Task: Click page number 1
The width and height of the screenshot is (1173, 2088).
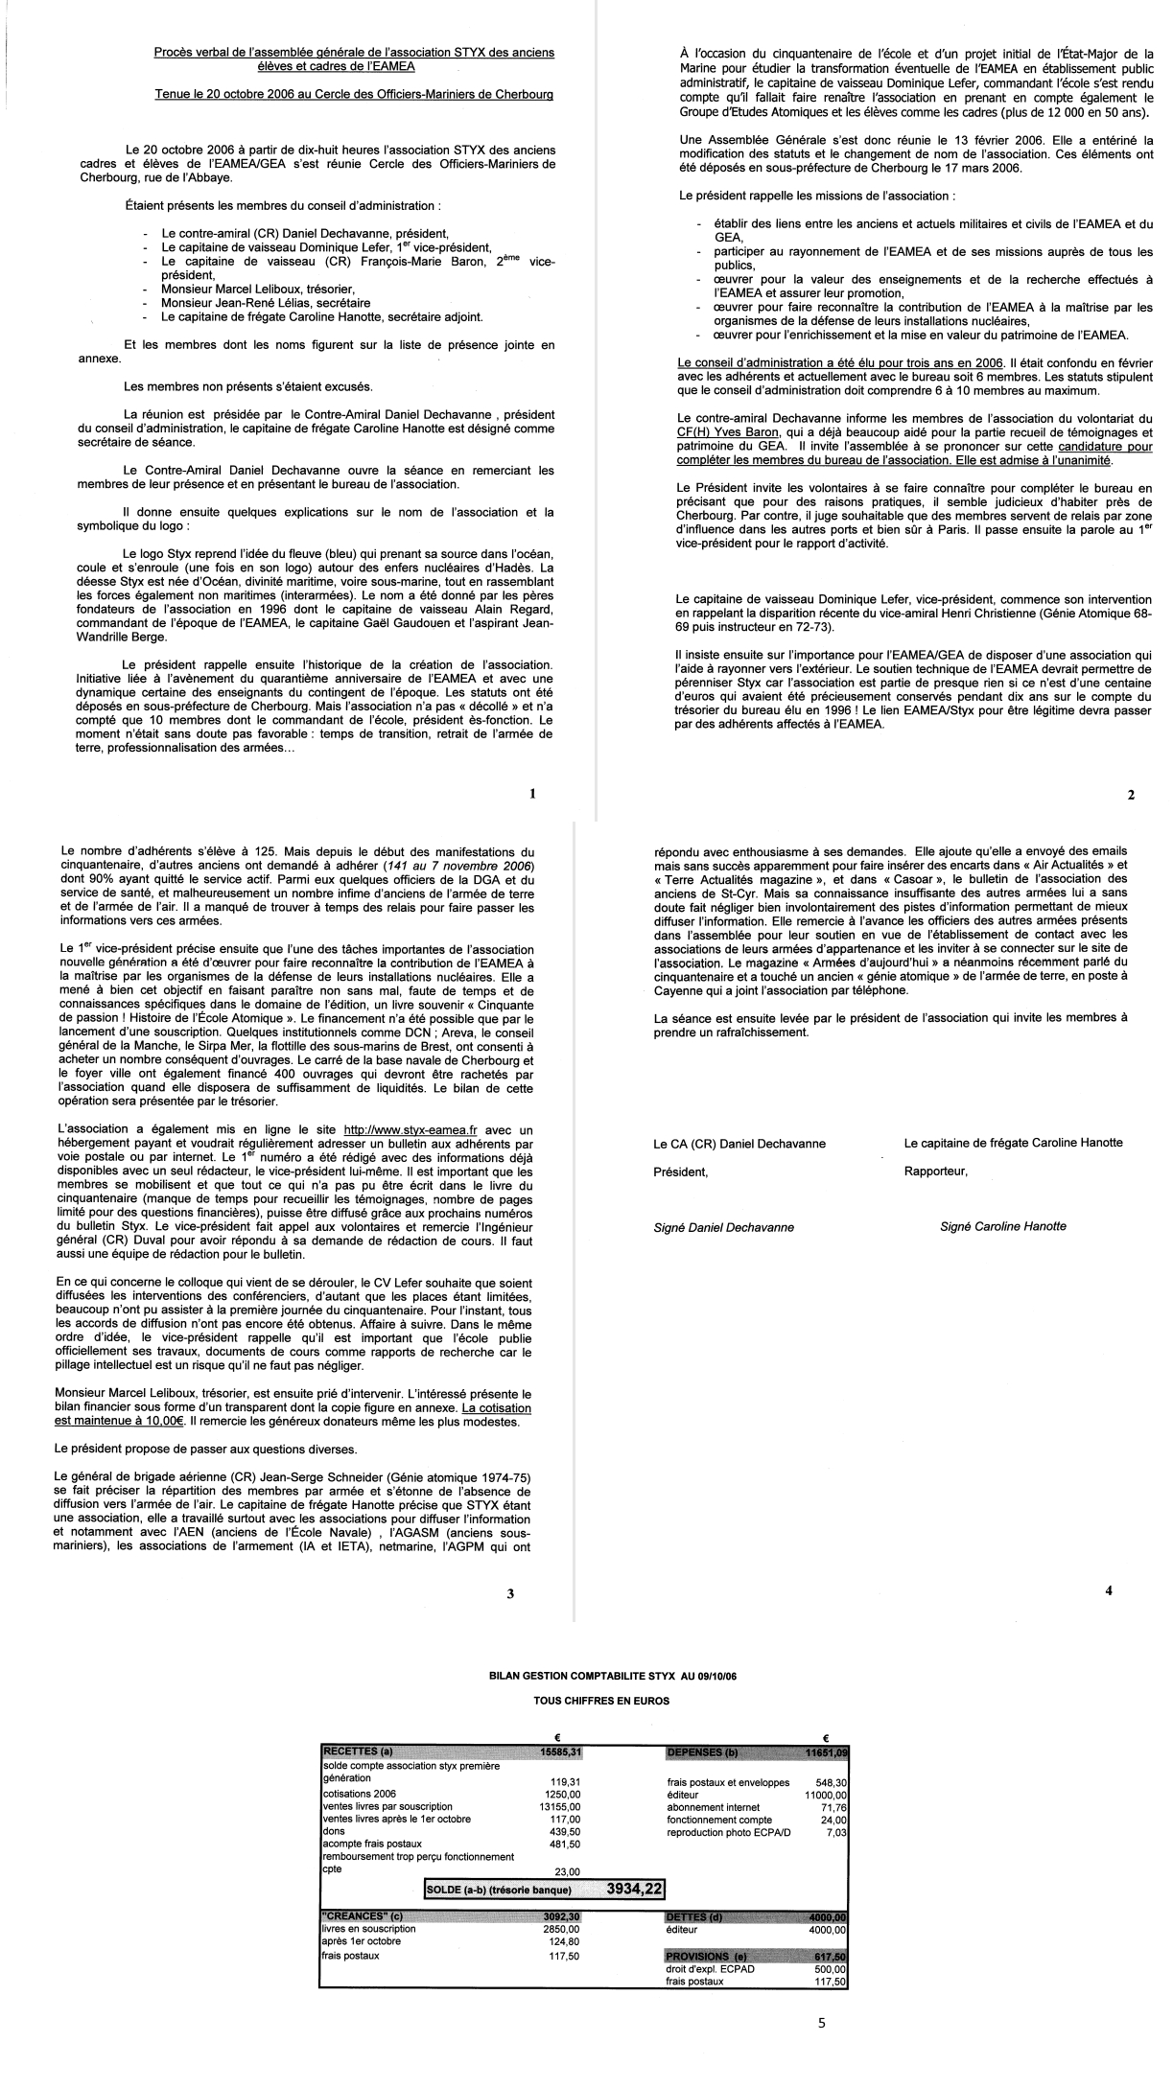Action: point(531,794)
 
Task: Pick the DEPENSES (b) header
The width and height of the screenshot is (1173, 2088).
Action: point(701,1753)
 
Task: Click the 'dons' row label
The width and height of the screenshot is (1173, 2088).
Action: point(333,1830)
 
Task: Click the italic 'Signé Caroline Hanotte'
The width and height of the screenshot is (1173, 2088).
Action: point(1002,1226)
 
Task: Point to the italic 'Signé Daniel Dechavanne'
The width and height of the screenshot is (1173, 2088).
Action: point(723,1227)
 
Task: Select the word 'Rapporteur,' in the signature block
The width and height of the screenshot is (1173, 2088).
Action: point(935,1172)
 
